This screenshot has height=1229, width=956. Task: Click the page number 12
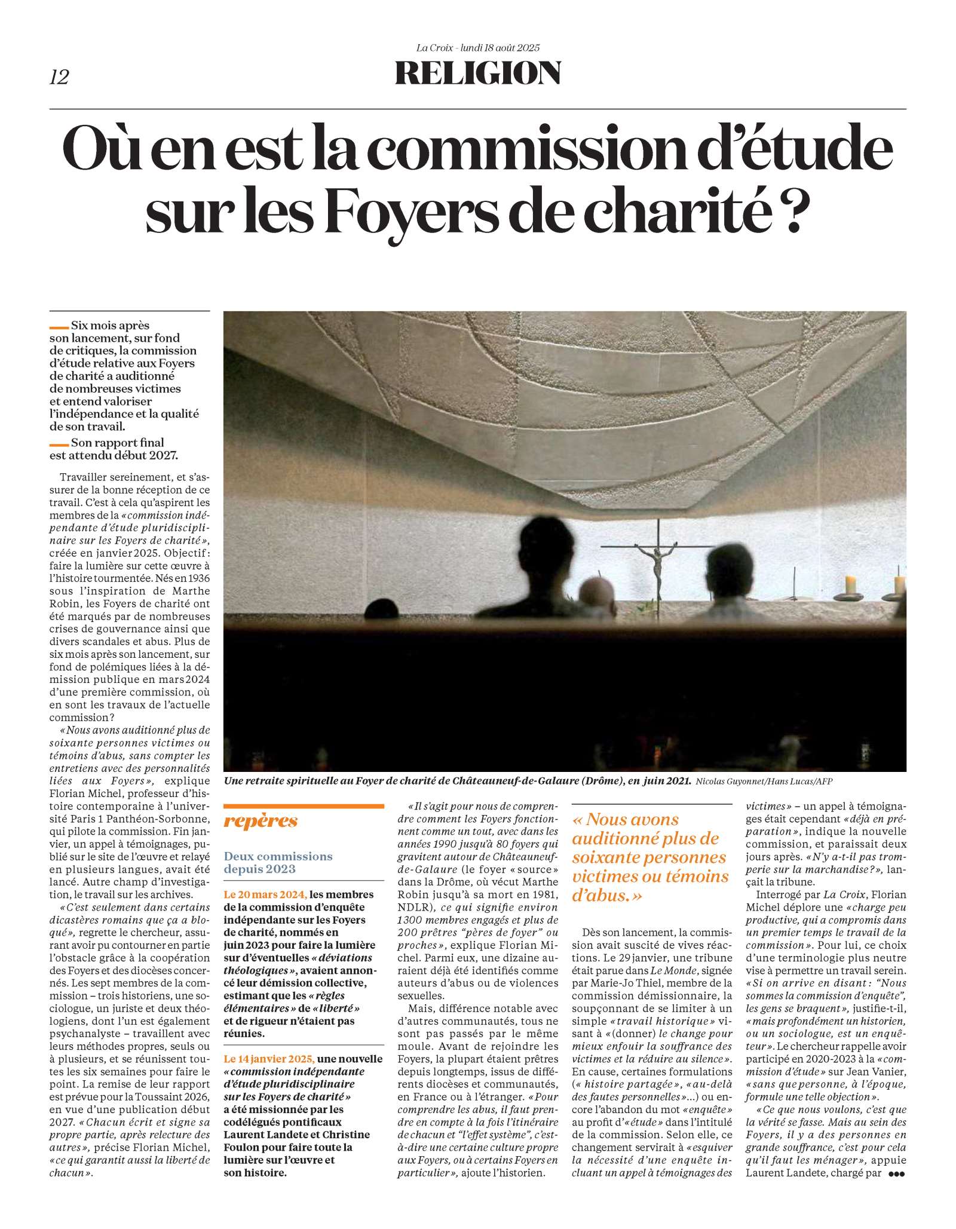[59, 77]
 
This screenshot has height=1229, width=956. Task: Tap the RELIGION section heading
[477, 73]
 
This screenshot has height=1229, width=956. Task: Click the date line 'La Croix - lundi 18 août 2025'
[477, 48]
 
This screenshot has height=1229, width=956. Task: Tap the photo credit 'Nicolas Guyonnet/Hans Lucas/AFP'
[764, 781]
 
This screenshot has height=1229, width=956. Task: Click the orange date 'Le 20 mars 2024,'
[265, 894]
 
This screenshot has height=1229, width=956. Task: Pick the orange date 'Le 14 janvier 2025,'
[269, 1059]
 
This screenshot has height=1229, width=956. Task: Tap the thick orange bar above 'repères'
[304, 806]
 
